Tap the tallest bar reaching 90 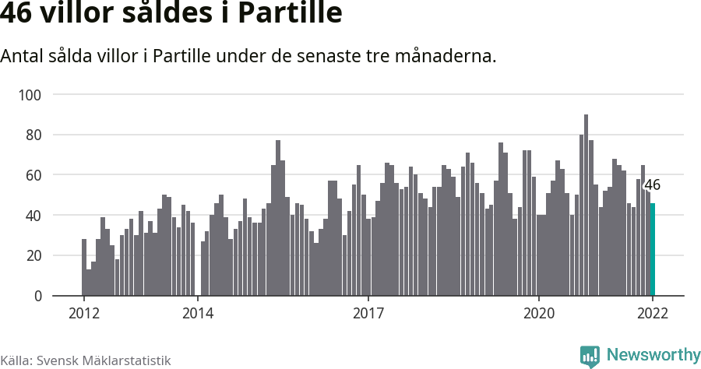point(586,206)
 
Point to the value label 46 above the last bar point(653,185)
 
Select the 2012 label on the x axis point(83,313)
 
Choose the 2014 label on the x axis point(198,313)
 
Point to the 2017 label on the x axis point(368,313)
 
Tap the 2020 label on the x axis point(539,313)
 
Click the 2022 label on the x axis point(653,313)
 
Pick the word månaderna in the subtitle point(447,57)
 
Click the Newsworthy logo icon point(590,356)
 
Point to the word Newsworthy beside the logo point(653,355)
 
